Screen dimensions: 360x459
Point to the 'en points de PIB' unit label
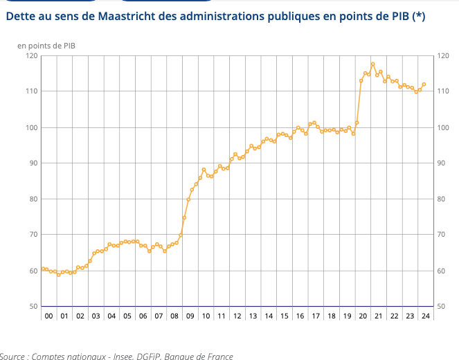(x=46, y=46)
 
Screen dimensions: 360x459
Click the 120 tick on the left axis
(x=31, y=55)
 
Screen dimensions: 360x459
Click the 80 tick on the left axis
(x=33, y=199)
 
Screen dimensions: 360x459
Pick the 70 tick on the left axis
(x=33, y=235)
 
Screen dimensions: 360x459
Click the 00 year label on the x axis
(x=48, y=316)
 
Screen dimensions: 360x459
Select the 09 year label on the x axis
(x=190, y=316)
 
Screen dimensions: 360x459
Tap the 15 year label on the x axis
(x=284, y=316)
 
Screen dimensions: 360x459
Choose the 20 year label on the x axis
(x=363, y=316)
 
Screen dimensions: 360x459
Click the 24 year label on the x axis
(x=425, y=316)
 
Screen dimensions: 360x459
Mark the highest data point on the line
(x=373, y=64)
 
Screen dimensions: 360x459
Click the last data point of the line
(x=424, y=84)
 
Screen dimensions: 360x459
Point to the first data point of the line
(x=42, y=269)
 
